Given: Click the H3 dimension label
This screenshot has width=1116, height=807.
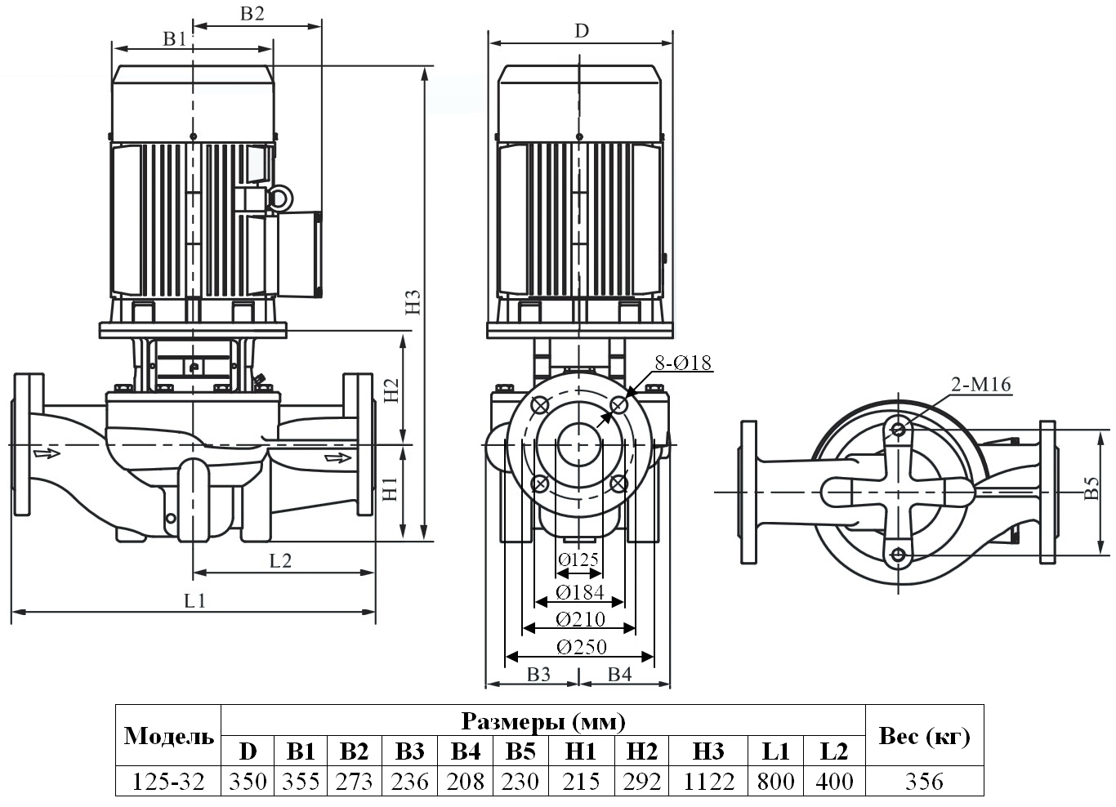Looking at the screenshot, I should point(414,301).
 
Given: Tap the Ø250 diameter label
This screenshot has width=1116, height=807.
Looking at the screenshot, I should point(582,647).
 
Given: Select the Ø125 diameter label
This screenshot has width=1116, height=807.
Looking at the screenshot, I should point(579,560).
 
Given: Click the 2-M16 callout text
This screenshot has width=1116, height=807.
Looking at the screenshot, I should point(980,385).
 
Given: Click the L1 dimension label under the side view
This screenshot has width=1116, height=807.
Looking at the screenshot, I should point(194,601).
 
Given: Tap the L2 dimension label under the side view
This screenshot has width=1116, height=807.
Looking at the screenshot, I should point(280,560).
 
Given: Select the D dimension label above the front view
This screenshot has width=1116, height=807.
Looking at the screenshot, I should point(581,31).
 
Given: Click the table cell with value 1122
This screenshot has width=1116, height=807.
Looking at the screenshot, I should point(708,782).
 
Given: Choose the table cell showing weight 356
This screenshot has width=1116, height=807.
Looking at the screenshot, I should point(924,782).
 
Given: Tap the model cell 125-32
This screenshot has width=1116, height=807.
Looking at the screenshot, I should point(168,782).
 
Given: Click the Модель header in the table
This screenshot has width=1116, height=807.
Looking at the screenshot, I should point(168,736).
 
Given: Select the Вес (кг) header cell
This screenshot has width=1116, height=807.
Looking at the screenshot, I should point(924,736).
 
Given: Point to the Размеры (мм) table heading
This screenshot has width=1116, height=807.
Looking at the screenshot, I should point(543,721).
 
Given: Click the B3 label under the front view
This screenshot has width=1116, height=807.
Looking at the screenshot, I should point(538,674).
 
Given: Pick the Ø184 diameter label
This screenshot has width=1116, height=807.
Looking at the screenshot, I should point(579,592).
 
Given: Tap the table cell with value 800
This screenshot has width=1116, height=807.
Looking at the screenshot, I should point(775,782).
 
